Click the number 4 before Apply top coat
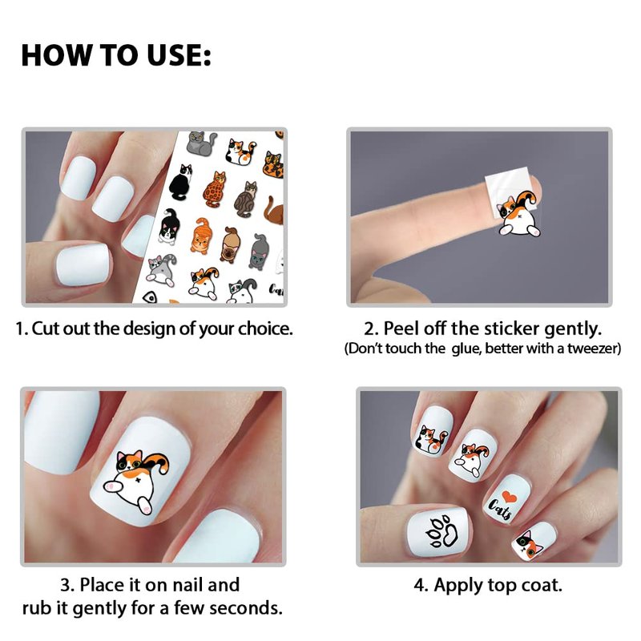click(x=419, y=585)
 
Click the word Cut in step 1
click(x=42, y=329)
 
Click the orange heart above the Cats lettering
click(x=509, y=496)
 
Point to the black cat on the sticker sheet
click(x=181, y=182)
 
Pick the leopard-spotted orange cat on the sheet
click(x=214, y=189)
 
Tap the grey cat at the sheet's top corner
click(x=201, y=143)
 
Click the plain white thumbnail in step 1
click(x=83, y=264)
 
